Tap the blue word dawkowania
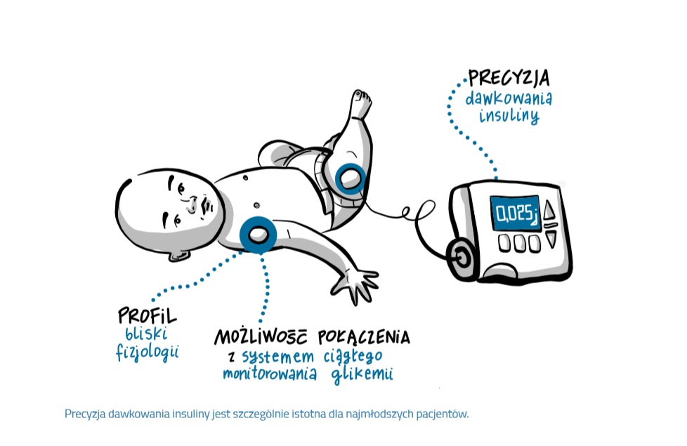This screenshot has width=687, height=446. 509,97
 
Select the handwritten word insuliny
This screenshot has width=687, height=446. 509,116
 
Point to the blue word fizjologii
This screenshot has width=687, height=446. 147,350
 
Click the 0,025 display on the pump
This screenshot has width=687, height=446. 513,213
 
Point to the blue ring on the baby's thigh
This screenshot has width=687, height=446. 348,176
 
